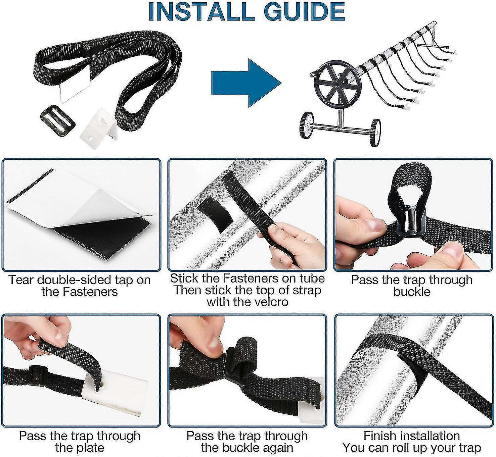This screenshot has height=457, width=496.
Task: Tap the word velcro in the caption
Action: pyautogui.click(x=272, y=302)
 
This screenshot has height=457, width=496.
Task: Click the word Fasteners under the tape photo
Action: pyautogui.click(x=90, y=292)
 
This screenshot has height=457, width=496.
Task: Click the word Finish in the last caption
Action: pyautogui.click(x=380, y=436)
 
